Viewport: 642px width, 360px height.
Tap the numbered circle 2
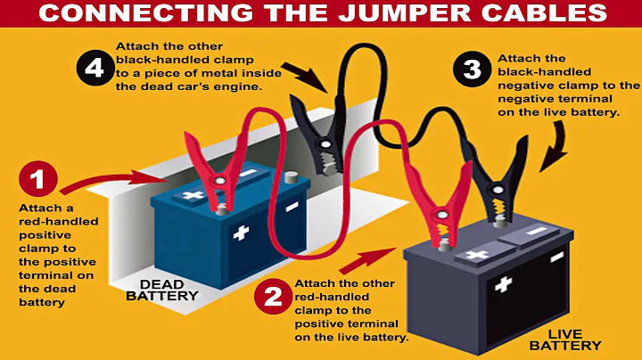(272, 296)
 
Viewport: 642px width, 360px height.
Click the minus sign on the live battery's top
(535, 233)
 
